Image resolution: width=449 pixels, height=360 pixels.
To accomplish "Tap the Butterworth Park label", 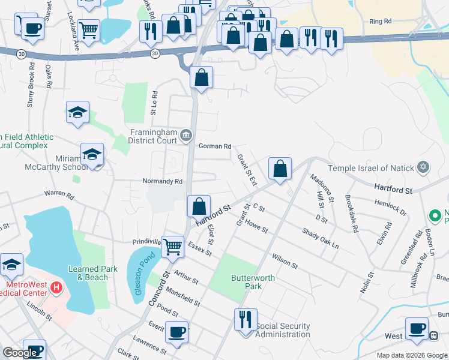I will pos(247,282).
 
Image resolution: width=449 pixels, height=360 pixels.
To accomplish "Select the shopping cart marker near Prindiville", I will pos(173,245).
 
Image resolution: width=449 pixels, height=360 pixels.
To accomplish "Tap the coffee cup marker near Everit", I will pos(176,332).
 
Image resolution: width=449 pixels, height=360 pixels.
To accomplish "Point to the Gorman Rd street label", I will pos(215,146).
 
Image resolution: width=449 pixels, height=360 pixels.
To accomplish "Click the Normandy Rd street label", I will pos(162,181).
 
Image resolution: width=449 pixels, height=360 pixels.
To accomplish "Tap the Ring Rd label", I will pos(381,22).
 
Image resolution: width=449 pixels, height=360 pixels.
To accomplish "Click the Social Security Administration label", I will pos(283,330).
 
